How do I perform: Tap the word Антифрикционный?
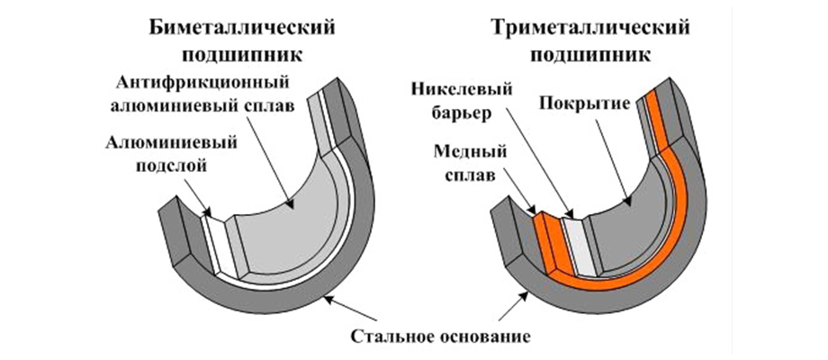[193, 84]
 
